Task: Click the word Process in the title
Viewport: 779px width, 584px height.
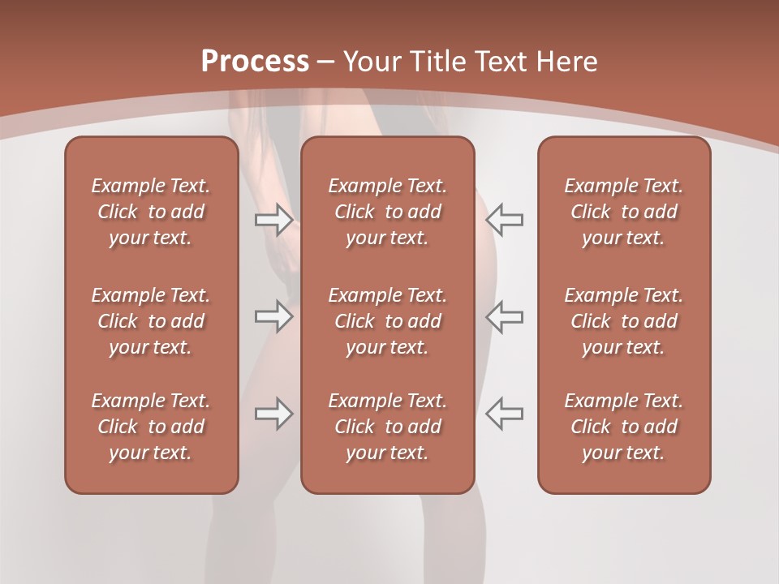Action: click(x=255, y=61)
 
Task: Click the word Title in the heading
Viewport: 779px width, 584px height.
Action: click(x=434, y=62)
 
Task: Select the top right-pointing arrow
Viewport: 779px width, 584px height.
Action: click(x=273, y=220)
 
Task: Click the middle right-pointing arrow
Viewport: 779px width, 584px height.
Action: click(x=273, y=316)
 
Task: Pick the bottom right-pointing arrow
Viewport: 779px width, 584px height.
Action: click(x=273, y=414)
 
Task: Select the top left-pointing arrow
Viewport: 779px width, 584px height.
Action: click(x=504, y=220)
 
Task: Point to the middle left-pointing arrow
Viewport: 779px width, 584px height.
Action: click(x=504, y=316)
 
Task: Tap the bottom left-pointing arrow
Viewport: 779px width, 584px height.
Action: click(x=504, y=414)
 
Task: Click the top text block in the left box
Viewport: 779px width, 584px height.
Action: click(x=151, y=212)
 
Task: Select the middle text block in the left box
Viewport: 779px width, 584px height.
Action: click(x=151, y=321)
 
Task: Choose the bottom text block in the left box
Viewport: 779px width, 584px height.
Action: click(x=151, y=427)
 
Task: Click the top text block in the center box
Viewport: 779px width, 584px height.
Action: click(x=387, y=212)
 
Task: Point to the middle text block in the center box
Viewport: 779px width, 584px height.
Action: click(x=387, y=321)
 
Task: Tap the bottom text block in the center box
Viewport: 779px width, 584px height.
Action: click(x=387, y=427)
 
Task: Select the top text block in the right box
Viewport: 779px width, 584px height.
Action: click(x=623, y=212)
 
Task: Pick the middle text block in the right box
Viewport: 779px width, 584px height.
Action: click(x=623, y=321)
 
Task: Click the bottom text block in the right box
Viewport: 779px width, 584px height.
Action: click(x=623, y=427)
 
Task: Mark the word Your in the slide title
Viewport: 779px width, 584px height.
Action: click(x=371, y=62)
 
